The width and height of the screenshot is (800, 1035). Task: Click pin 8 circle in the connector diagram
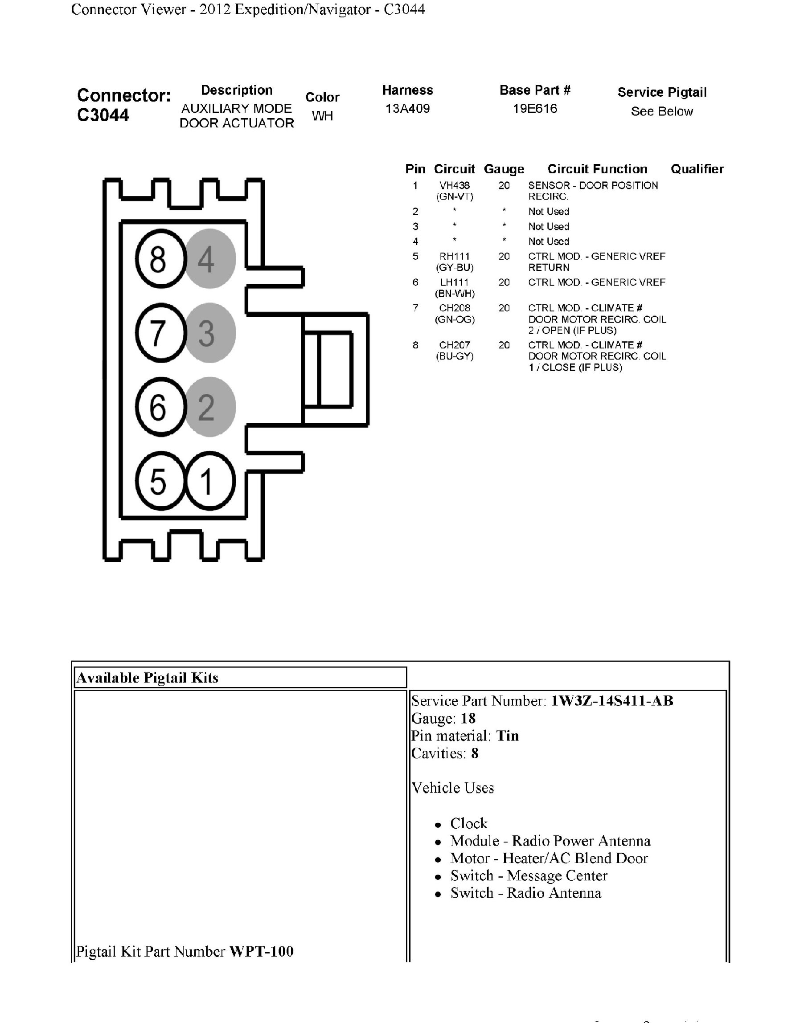coord(160,259)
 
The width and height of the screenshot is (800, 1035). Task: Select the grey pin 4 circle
coord(209,259)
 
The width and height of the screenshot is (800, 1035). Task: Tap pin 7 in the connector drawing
coord(160,333)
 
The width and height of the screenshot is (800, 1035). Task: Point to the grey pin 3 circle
coord(209,333)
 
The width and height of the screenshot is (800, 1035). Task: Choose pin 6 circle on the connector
coord(160,407)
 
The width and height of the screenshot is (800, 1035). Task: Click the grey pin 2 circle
coord(209,407)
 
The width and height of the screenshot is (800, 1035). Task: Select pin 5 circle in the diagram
coord(160,481)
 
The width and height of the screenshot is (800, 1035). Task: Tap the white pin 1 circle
coord(209,481)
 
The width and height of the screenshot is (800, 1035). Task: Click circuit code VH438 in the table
coord(454,186)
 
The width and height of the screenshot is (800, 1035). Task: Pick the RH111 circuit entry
coord(454,256)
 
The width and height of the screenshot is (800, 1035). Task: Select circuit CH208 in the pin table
coord(454,308)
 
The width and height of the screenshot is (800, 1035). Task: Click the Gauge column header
coord(504,169)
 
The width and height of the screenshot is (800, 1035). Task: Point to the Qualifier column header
coord(697,169)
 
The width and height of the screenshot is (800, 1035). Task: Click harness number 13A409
coord(407,109)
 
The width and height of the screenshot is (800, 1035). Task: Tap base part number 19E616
coord(535,109)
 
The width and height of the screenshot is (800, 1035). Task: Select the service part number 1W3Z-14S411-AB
coord(611,700)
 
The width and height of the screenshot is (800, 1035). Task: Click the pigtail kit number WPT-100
coord(261,951)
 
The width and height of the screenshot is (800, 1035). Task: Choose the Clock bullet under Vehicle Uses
coord(468,823)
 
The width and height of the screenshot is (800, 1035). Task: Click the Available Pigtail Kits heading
coord(148,678)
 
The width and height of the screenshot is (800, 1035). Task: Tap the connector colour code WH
coord(322,116)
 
